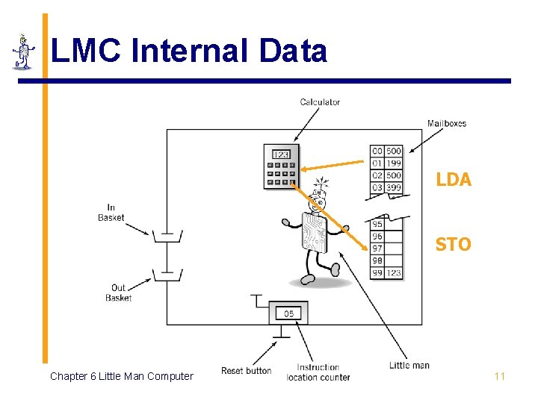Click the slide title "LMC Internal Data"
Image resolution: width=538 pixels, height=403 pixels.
click(188, 51)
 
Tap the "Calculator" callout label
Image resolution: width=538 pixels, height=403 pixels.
click(320, 102)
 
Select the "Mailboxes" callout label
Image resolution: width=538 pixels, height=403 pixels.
click(447, 123)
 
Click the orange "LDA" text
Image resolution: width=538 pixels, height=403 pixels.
click(453, 180)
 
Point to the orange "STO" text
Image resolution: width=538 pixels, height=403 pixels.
click(453, 244)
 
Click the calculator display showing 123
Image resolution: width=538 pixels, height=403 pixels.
click(281, 154)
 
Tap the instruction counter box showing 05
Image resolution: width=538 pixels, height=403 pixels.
click(288, 313)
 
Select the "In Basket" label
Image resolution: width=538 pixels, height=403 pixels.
click(111, 213)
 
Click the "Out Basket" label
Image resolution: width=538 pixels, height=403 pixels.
click(118, 293)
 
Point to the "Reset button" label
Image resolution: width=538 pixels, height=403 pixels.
click(246, 371)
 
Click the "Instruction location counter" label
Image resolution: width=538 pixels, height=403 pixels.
click(318, 372)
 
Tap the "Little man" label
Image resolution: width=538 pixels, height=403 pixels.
click(409, 366)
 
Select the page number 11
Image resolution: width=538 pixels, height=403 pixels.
click(499, 376)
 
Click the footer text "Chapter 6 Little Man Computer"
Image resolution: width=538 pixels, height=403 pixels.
click(121, 376)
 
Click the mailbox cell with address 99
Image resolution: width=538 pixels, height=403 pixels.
click(377, 273)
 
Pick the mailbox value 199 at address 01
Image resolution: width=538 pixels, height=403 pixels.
click(393, 163)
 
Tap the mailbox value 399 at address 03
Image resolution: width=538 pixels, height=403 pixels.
click(393, 187)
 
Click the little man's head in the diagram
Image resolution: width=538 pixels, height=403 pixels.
click(319, 198)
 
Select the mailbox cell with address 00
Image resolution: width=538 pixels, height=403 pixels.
click(377, 151)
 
